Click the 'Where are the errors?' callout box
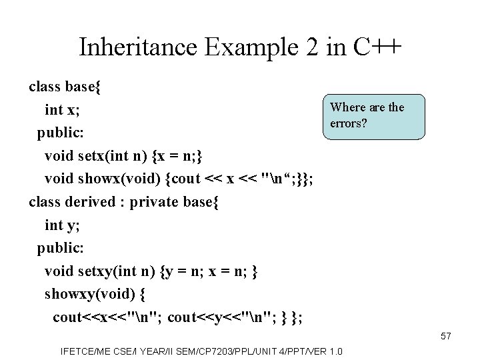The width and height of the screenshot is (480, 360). point(373,116)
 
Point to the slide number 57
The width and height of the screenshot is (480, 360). point(445,337)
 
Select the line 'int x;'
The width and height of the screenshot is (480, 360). point(63,109)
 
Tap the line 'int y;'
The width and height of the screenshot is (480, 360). point(63,225)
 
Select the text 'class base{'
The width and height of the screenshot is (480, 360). point(65,87)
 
